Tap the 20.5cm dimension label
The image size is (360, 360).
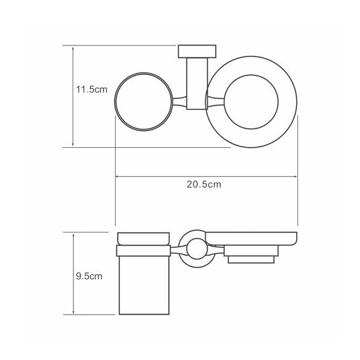pos(204,185)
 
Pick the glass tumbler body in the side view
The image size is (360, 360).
pos(144,284)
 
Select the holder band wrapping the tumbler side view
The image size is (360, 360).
pos(144,251)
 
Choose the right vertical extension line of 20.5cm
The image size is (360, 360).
pos(297,189)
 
